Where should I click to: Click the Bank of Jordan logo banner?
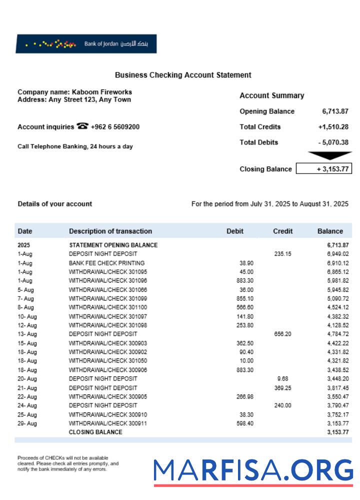pyautogui.click(x=86, y=44)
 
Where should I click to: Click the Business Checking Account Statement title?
pyautogui.click(x=183, y=75)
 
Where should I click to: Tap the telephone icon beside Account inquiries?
pyautogui.click(x=82, y=126)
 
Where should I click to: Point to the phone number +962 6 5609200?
pyautogui.click(x=115, y=127)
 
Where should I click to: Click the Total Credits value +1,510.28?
pyautogui.click(x=333, y=127)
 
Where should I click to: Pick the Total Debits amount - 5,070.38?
pyautogui.click(x=333, y=142)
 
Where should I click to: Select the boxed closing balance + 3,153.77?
pyautogui.click(x=324, y=169)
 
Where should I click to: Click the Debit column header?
pyautogui.click(x=235, y=231)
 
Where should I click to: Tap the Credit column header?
pyautogui.click(x=282, y=231)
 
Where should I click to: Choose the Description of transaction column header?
pyautogui.click(x=110, y=231)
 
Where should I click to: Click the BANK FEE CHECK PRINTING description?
pyautogui.click(x=106, y=263)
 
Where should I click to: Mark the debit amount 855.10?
pyautogui.click(x=244, y=299)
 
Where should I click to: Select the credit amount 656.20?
pyautogui.click(x=282, y=334)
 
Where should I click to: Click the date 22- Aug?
pyautogui.click(x=27, y=397)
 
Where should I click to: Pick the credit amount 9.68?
pyautogui.click(x=282, y=379)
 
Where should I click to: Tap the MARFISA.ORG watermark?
pyautogui.click(x=253, y=471)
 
